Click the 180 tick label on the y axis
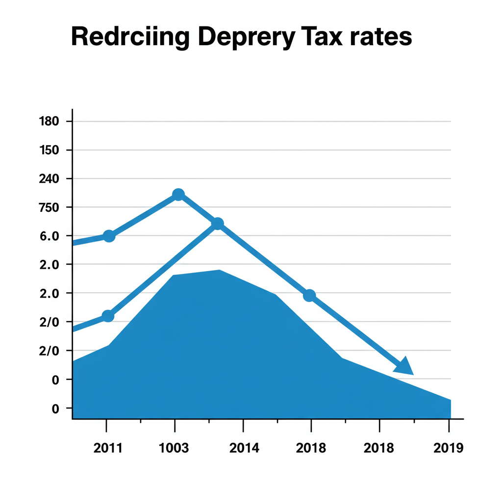coord(48,121)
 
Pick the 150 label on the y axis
coord(48,150)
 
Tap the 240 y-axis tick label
coord(48,178)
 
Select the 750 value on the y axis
coord(48,207)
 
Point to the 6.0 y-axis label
coord(49,236)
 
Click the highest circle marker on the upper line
coord(178,195)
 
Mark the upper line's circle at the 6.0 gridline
coord(109,236)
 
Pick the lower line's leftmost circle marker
coord(108,316)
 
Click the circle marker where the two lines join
coord(218,224)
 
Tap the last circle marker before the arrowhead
coord(309,296)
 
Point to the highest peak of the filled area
coord(219,271)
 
